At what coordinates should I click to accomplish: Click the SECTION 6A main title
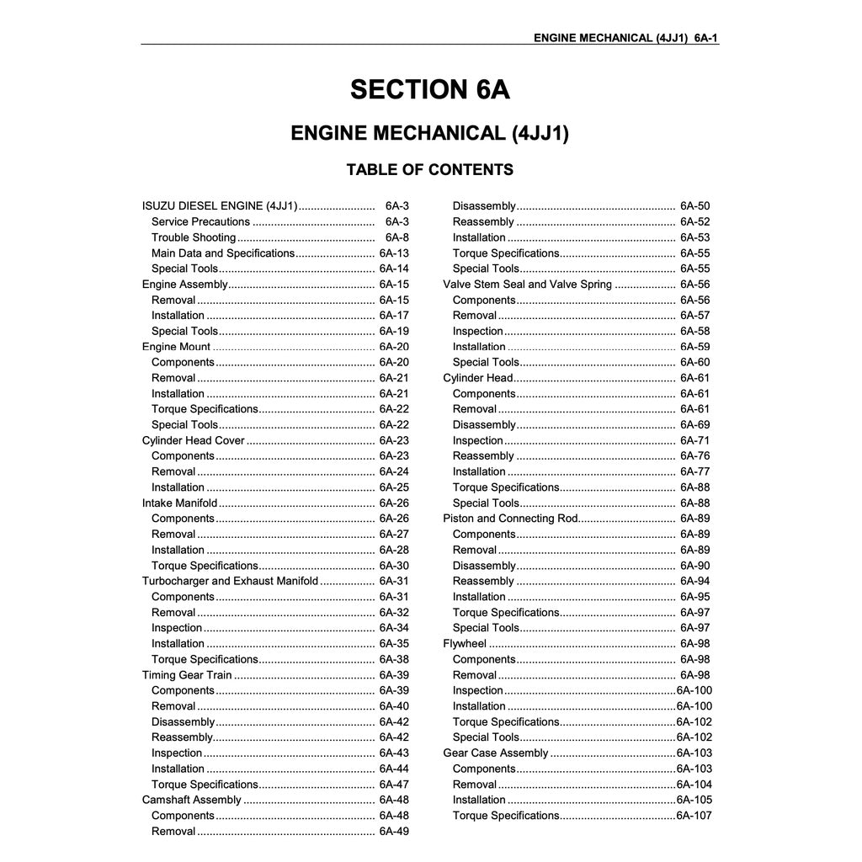tap(430, 89)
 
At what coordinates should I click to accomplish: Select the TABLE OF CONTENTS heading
tap(429, 170)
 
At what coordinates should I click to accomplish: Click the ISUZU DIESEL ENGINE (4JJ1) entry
tap(220, 206)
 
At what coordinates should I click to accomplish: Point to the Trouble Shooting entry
tap(194, 237)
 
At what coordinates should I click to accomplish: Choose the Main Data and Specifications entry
tap(223, 253)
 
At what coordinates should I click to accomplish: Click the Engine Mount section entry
tap(177, 347)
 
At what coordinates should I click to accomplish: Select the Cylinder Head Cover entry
tap(194, 440)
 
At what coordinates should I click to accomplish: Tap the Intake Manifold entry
tap(179, 503)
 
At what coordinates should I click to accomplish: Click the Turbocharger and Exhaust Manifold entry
tap(230, 581)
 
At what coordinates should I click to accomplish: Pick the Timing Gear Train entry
tap(187, 675)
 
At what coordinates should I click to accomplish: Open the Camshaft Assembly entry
tap(192, 800)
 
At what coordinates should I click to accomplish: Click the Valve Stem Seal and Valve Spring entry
tap(528, 285)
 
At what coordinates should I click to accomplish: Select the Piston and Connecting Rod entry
tap(510, 519)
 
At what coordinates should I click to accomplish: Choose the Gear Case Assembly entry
tap(496, 753)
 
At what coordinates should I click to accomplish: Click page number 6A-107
tap(694, 816)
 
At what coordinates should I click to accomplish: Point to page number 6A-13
tap(394, 253)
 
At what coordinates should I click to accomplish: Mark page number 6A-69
tap(694, 425)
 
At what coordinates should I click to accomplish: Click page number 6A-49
tap(394, 832)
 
